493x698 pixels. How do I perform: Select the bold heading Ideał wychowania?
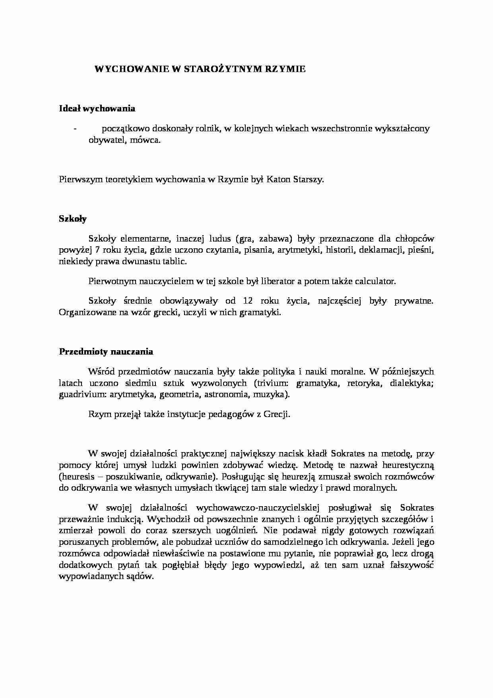tap(97, 108)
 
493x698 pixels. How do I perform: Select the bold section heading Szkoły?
tap(73, 218)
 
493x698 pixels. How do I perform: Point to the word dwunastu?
tap(135, 262)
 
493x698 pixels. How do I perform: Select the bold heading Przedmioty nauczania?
tap(106, 352)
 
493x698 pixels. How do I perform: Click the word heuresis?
tap(75, 477)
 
